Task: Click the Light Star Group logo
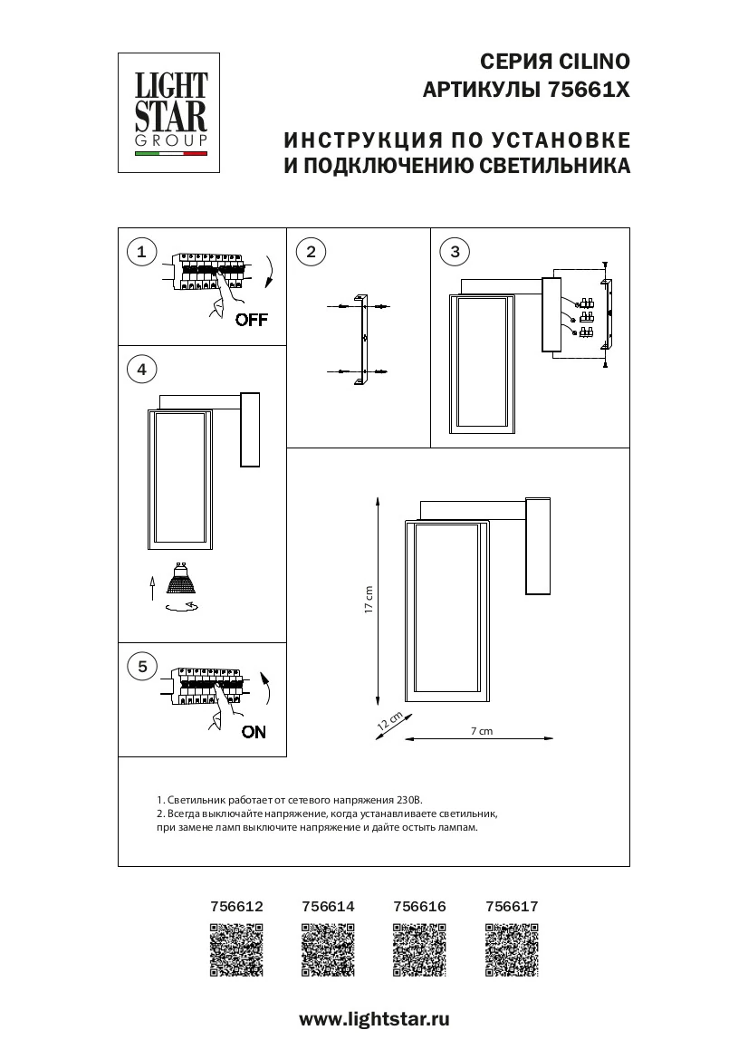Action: [x=171, y=112]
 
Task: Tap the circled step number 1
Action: [x=141, y=252]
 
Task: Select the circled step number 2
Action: [x=311, y=252]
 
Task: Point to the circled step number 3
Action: [x=455, y=252]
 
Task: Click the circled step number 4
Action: [x=141, y=369]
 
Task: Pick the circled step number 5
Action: [x=141, y=667]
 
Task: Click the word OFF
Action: [x=251, y=319]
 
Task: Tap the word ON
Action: [x=254, y=732]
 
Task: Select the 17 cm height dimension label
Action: [x=369, y=601]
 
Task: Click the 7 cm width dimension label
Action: [x=482, y=730]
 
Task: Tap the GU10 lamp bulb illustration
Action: [x=183, y=583]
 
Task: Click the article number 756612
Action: [x=236, y=905]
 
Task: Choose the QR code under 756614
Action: [x=327, y=949]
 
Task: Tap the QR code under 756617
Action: [x=512, y=949]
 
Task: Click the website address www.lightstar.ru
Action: [x=374, y=1019]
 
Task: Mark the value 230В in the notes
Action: [x=409, y=801]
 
